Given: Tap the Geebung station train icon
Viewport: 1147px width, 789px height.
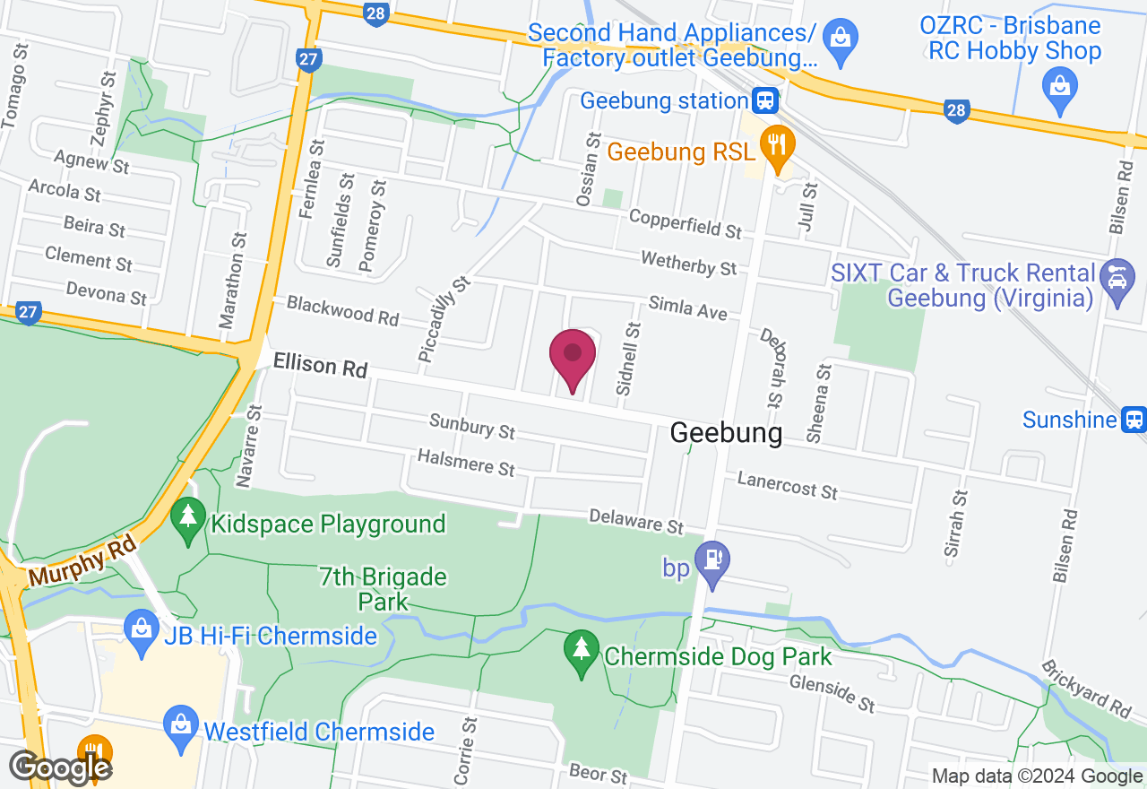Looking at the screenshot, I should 764,100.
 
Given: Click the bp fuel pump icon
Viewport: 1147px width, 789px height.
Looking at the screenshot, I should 712,561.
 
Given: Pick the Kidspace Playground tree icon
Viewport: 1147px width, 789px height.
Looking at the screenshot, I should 187,519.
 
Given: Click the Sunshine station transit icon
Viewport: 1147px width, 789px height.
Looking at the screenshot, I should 1134,419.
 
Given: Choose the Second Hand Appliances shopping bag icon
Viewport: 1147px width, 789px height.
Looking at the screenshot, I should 841,39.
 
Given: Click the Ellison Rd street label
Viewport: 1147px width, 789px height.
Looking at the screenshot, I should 320,365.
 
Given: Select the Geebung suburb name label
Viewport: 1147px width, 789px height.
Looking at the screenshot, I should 726,433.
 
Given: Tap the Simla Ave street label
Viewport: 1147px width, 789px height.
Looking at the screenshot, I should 687,308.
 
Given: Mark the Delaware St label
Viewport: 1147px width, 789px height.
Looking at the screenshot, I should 636,521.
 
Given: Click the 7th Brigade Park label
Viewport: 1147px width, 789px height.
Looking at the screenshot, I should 383,588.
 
